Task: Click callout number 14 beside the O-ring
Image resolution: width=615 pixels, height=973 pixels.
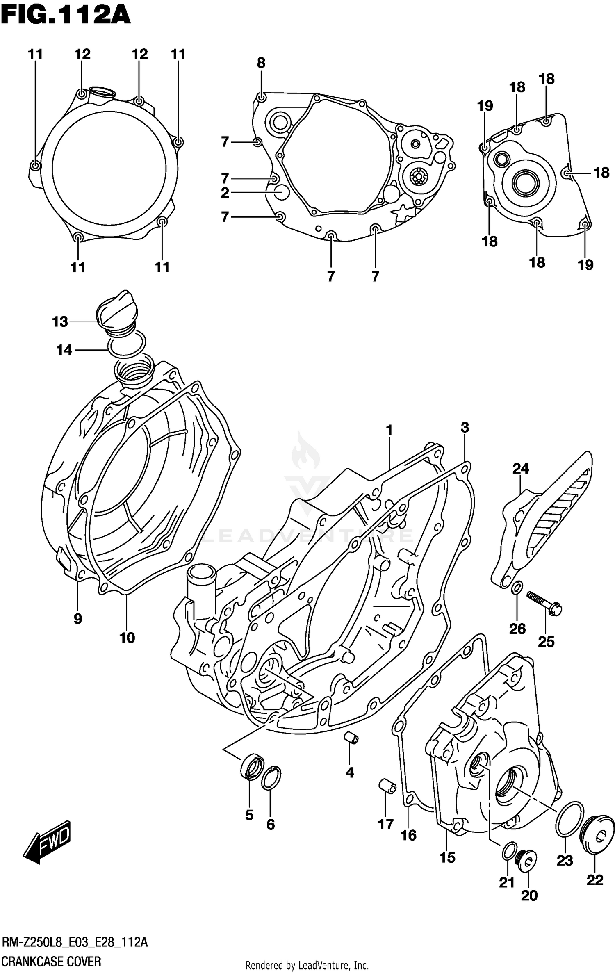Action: (x=64, y=350)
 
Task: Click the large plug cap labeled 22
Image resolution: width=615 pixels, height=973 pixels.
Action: (x=598, y=835)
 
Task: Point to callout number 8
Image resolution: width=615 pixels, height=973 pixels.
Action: (x=261, y=63)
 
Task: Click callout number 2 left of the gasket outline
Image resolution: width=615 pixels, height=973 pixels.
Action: (x=225, y=193)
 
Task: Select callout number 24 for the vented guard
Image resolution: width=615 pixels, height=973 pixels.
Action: (x=520, y=468)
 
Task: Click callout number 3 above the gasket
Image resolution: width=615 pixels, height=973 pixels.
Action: (x=465, y=427)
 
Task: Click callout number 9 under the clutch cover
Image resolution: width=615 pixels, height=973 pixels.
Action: (x=78, y=618)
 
